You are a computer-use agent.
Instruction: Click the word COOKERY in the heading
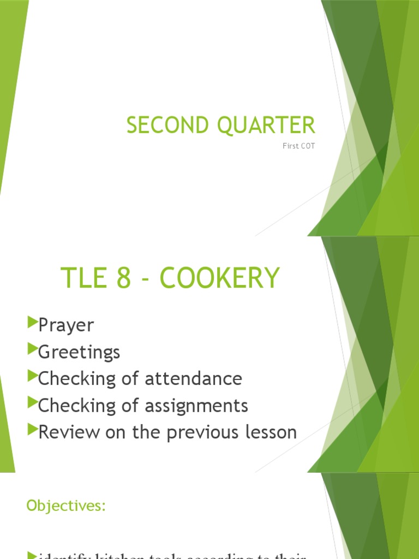(220, 278)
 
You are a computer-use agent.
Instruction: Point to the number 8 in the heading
(124, 278)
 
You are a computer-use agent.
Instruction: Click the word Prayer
(66, 326)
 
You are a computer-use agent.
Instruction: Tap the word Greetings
(79, 352)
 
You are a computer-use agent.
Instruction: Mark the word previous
(201, 432)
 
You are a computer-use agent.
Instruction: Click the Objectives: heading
(65, 506)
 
